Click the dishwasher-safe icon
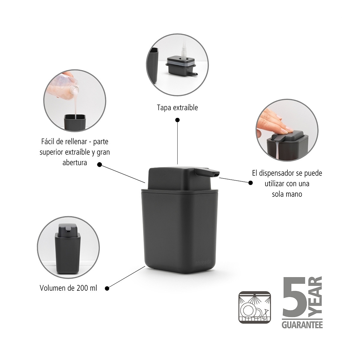point(254,307)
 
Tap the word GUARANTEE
point(302,325)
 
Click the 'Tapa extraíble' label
point(177,108)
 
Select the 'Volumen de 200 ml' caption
point(68,288)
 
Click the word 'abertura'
point(75,163)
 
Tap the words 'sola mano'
point(287,194)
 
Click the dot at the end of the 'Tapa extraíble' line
point(177,120)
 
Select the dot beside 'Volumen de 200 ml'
point(107,288)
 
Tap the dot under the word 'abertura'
point(100,164)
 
